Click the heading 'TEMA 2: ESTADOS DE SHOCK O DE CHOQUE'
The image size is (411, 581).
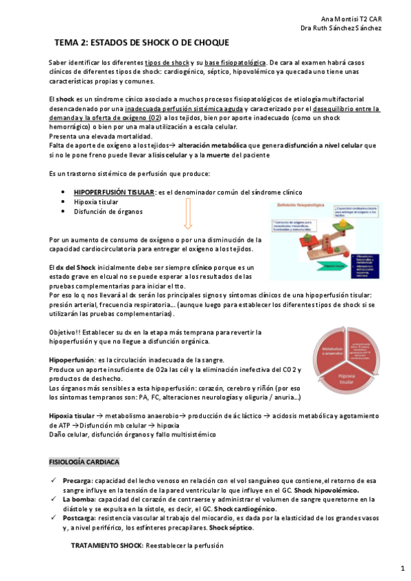pos(142,42)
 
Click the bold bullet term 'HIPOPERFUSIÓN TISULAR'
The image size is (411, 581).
pos(114,193)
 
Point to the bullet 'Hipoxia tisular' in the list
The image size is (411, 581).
pos(95,202)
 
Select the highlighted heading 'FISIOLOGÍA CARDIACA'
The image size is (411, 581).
pos(84,462)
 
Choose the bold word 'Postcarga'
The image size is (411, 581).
pos(78,518)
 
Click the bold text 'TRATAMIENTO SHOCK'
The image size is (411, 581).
pos(107,545)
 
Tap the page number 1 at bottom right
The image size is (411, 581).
pos(403,569)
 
